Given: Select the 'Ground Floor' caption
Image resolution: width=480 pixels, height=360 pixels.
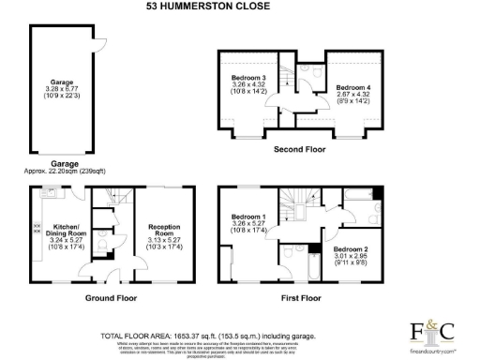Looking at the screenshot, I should (x=111, y=298).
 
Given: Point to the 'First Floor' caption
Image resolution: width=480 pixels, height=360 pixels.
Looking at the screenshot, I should (x=299, y=298).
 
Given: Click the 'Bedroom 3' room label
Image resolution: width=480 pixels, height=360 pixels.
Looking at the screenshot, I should (x=249, y=77).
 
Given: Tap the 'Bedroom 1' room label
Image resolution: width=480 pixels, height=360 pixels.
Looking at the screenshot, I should (x=249, y=217).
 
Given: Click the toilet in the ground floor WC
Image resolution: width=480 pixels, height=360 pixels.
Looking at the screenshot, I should (x=110, y=251).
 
